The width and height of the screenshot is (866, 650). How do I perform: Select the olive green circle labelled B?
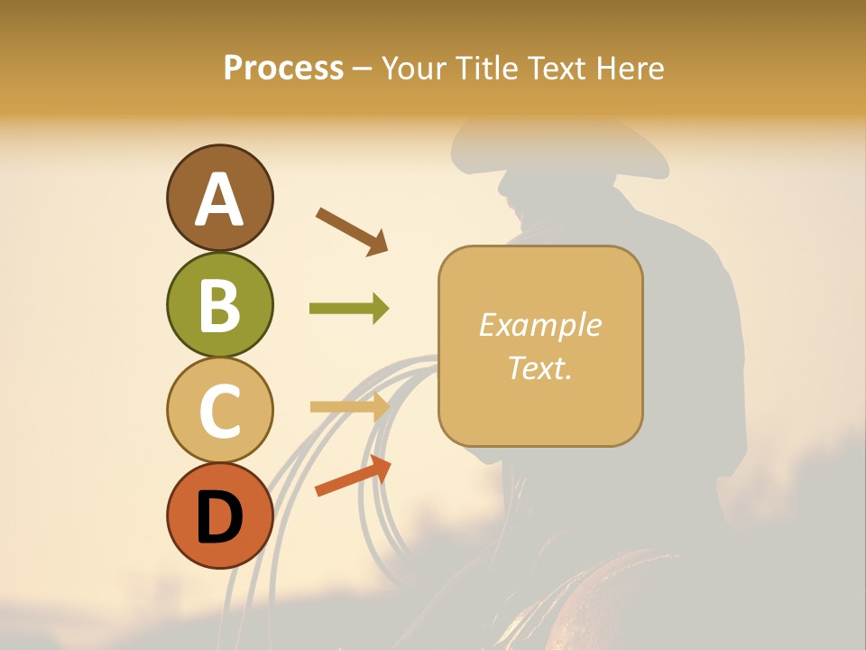tap(219, 304)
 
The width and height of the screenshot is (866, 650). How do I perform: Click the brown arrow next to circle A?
tap(352, 230)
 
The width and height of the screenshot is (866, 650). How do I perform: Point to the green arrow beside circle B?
tap(349, 309)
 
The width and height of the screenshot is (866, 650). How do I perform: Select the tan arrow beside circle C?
tap(349, 407)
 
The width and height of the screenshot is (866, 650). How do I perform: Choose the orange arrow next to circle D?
tap(353, 476)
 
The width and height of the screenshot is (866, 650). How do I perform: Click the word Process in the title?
tap(283, 69)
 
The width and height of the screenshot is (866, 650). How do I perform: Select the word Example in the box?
tap(539, 325)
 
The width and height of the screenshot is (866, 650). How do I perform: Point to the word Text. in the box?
tap(539, 367)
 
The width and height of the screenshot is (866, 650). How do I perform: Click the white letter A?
tap(219, 200)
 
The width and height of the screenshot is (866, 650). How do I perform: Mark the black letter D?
tap(219, 517)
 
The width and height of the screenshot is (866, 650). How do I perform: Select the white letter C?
tap(219, 411)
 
